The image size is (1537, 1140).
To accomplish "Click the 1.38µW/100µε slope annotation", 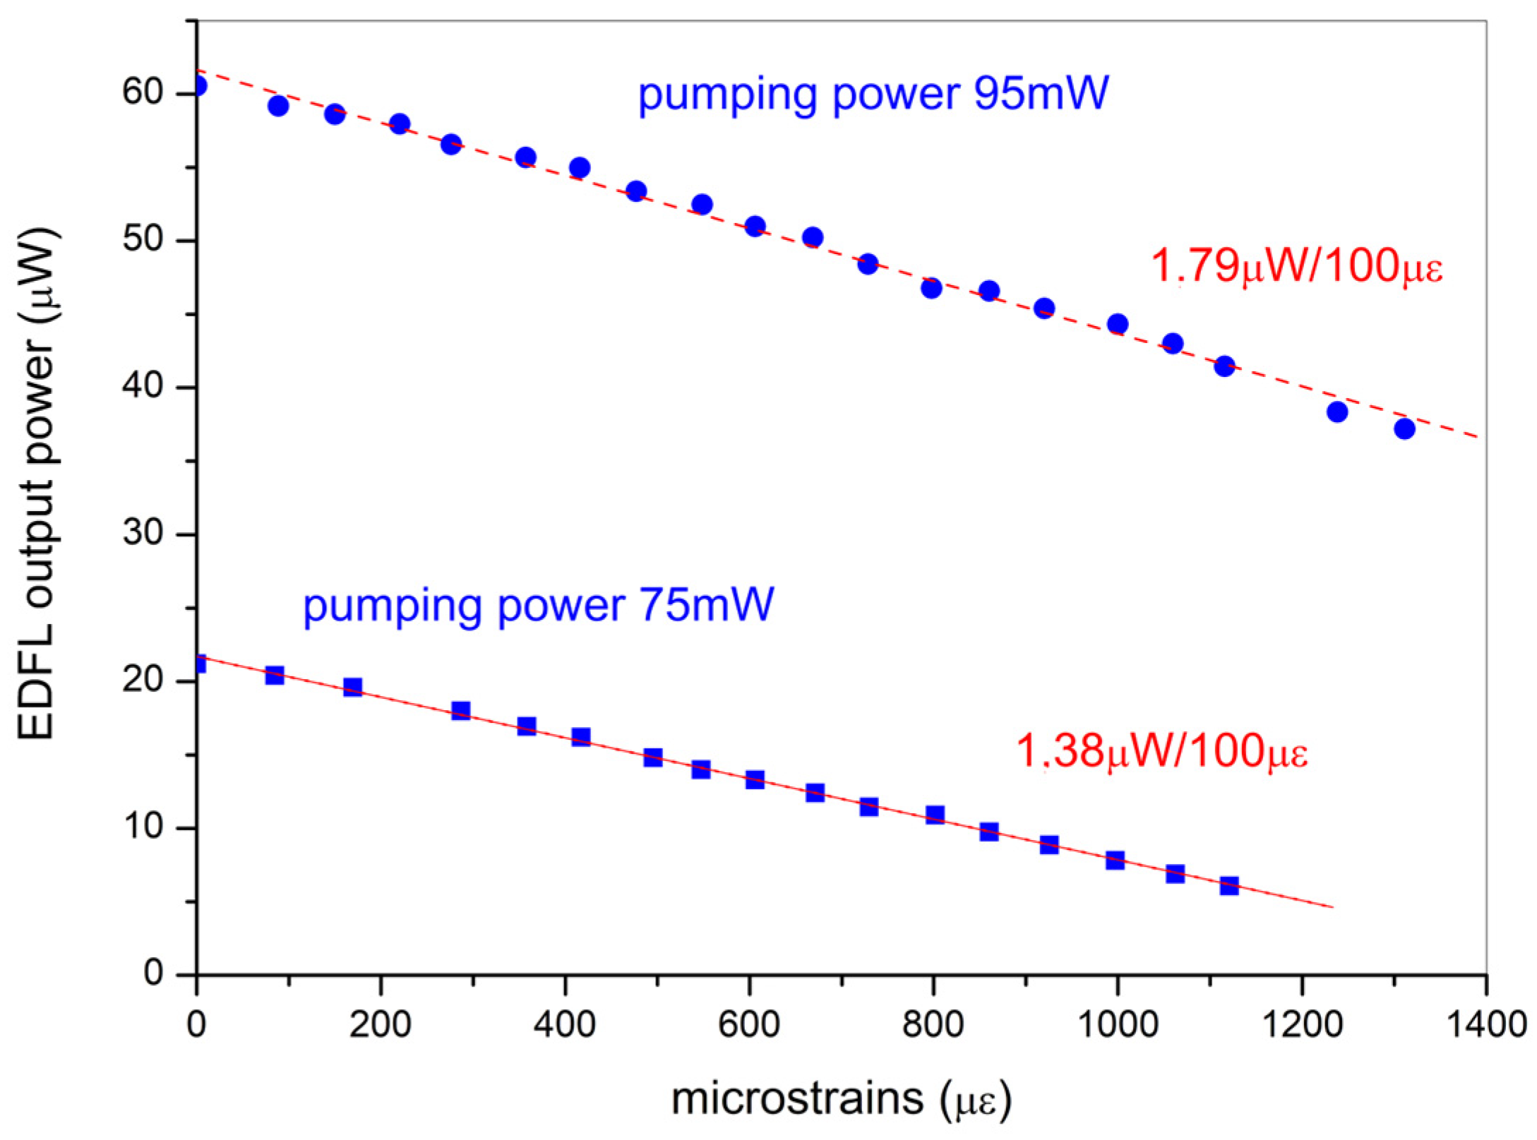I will [1161, 750].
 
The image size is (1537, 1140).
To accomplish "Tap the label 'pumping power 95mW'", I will [873, 93].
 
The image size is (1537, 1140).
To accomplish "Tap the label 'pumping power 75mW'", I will [538, 605].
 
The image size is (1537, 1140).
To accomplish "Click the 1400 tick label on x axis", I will [1486, 1024].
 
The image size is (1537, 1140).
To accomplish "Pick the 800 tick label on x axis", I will [933, 1024].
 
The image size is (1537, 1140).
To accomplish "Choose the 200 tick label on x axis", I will [380, 1024].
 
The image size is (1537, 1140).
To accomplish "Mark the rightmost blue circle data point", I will [1404, 428].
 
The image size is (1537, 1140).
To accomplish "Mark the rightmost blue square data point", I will [1229, 886].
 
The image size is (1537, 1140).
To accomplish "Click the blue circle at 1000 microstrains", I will [1118, 324].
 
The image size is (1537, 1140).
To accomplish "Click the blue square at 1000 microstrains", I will [1115, 860].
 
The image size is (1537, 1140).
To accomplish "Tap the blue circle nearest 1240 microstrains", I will [1337, 412].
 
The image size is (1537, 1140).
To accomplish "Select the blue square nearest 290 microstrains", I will [460, 710].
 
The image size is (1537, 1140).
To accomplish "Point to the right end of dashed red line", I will [1477, 438].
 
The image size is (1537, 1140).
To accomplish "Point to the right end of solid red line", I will [1332, 907].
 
